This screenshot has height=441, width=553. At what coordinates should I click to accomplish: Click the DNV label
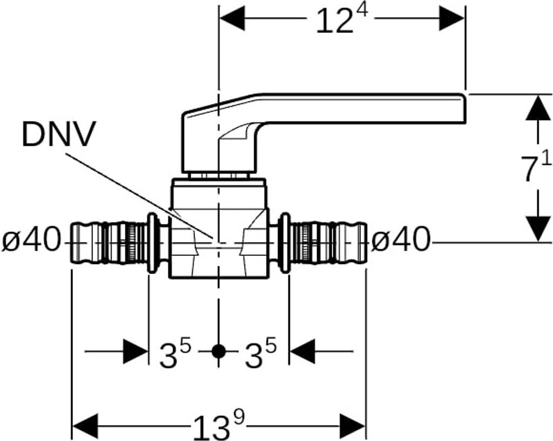coord(58,135)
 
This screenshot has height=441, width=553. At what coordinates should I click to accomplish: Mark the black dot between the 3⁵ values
coord(218,351)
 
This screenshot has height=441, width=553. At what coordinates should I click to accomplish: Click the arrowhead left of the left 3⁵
coord(136,352)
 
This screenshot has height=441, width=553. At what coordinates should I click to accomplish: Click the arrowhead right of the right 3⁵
coord(302,352)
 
